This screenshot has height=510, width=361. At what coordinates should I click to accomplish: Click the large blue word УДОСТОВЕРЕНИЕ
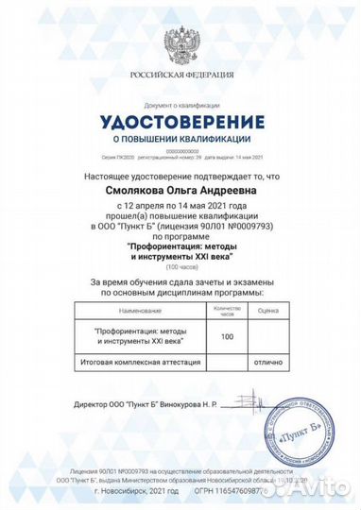point(182,121)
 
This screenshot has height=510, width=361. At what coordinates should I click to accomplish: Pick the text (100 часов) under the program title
point(182,265)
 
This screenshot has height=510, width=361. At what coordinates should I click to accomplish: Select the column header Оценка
point(268,309)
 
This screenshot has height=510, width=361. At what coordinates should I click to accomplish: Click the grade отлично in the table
point(268,362)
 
